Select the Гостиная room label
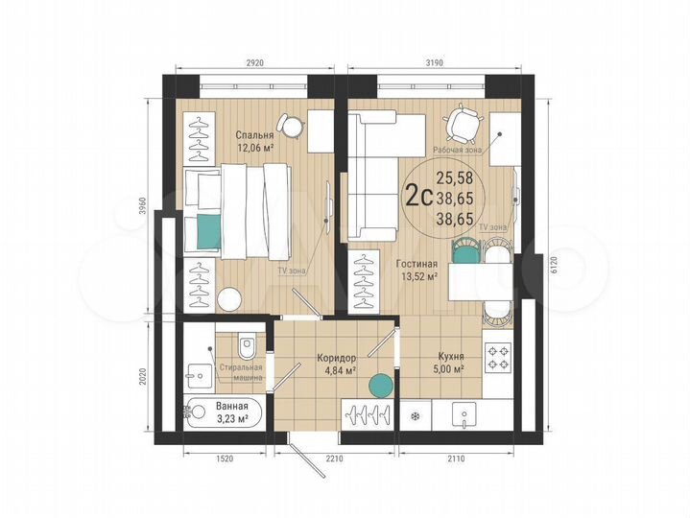(x=416, y=264)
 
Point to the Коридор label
(x=337, y=357)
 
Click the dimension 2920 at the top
(x=253, y=62)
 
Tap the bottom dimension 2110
(x=455, y=459)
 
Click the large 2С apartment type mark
(x=416, y=197)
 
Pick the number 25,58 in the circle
(x=453, y=177)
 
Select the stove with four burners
(x=498, y=357)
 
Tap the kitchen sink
(x=464, y=416)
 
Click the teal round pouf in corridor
(x=381, y=386)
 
